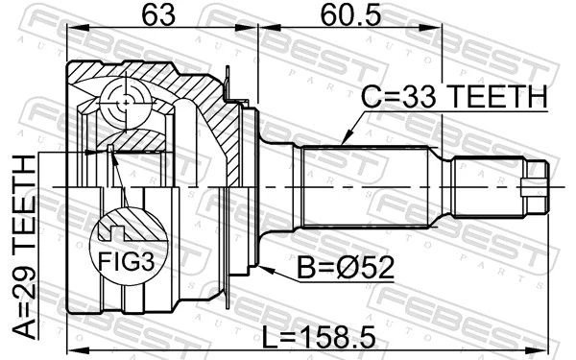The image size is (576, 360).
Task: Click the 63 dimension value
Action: coord(158,16)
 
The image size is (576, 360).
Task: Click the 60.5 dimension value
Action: coord(350,16)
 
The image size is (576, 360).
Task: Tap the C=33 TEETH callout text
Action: coord(454,96)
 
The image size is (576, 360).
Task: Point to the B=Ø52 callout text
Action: coord(346,268)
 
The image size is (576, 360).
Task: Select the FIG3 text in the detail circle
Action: coord(126,262)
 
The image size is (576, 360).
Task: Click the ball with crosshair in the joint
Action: coord(126,104)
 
